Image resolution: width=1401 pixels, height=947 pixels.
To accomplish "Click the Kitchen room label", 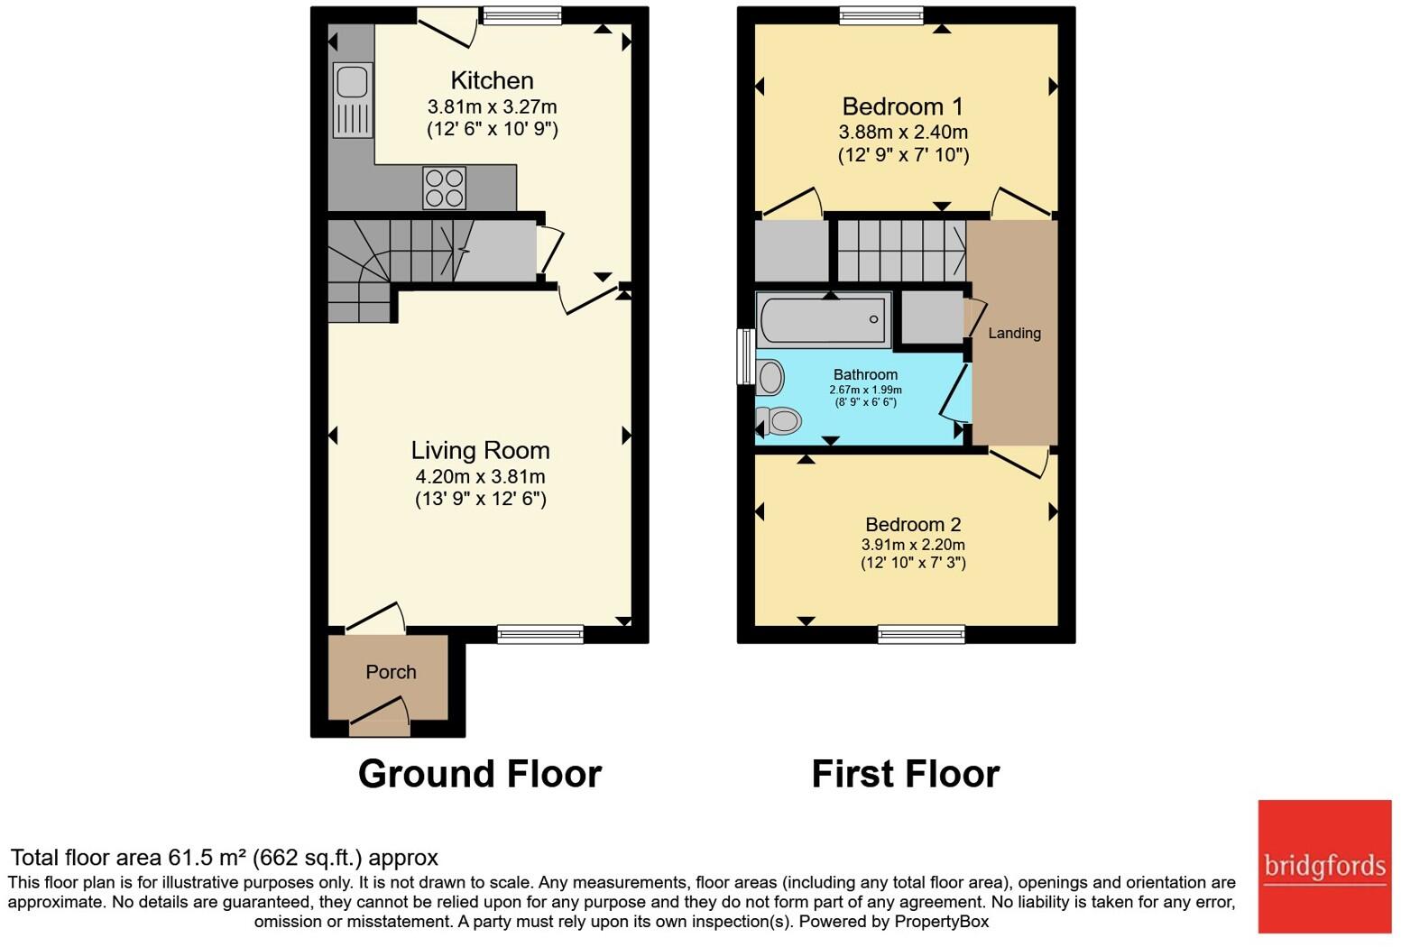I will pos(492,80).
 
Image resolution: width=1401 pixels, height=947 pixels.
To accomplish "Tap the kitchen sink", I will pos(352,99).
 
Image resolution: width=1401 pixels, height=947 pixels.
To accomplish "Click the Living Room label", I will pos(480,450).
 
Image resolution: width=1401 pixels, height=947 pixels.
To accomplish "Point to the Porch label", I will pos(391,672).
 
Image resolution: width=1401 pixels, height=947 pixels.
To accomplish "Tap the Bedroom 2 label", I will pos(913,524).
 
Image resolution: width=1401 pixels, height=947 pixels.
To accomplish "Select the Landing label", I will pos(1014,333).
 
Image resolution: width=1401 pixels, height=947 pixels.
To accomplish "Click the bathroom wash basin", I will pos(770,377).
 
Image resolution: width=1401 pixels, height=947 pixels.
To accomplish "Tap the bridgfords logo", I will pos(1324,867).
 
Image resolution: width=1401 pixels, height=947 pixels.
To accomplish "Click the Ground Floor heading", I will pos(479,774).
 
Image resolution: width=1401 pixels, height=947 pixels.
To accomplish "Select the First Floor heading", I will pos(905,774).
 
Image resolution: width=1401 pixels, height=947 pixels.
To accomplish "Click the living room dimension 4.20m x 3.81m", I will pos(480,476).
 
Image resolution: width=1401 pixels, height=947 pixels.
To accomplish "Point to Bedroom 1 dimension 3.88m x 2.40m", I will pos(903,132).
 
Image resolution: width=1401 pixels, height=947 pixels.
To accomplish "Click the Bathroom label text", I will pos(865,374).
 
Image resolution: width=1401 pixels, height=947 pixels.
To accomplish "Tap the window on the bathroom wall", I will pos(746,356).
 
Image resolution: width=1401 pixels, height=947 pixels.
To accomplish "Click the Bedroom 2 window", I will pos(921,634).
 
